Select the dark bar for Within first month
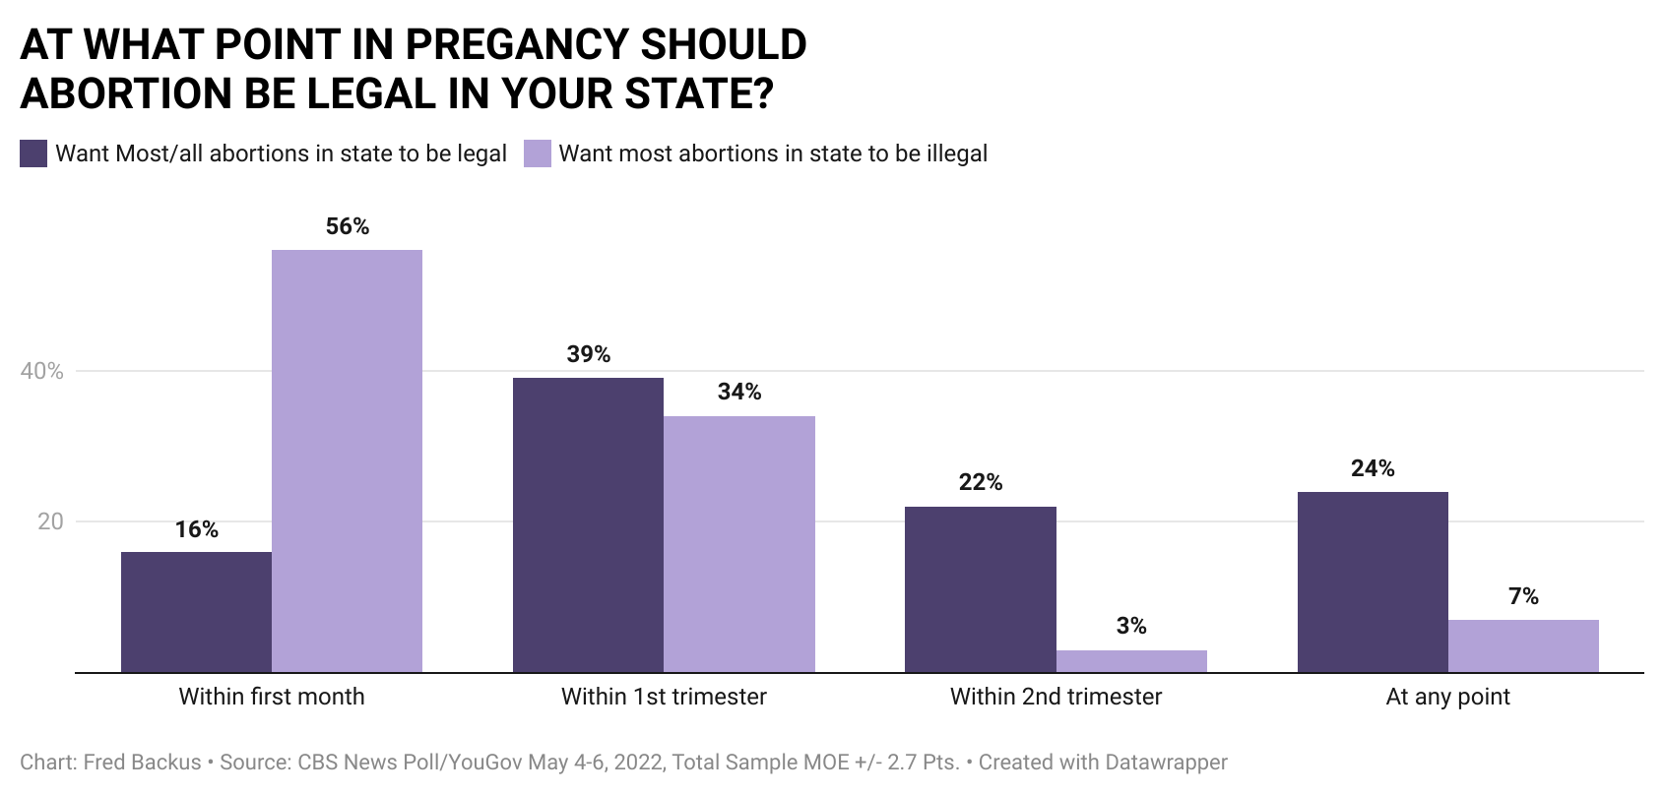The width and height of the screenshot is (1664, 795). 196,612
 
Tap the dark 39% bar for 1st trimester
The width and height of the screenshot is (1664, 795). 588,524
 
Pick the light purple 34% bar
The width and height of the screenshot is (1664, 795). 739,544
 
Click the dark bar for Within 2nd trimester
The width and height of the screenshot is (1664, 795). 980,589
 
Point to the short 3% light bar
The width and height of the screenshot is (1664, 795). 1131,661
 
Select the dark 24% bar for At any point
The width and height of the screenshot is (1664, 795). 1373,581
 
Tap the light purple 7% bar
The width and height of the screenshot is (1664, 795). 1523,645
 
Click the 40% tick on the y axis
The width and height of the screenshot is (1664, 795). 41,372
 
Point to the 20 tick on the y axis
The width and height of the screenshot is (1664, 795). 50,522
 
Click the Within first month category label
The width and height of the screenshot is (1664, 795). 272,697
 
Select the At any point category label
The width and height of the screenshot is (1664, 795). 1447,697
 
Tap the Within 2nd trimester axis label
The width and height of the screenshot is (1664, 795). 1056,697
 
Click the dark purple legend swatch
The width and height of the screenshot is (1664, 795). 33,153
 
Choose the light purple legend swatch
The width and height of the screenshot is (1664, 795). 537,153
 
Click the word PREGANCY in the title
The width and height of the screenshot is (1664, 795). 516,45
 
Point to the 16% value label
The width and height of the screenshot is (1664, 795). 196,530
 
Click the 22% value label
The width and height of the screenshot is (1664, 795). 980,482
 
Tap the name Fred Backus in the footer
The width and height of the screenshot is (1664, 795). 142,763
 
